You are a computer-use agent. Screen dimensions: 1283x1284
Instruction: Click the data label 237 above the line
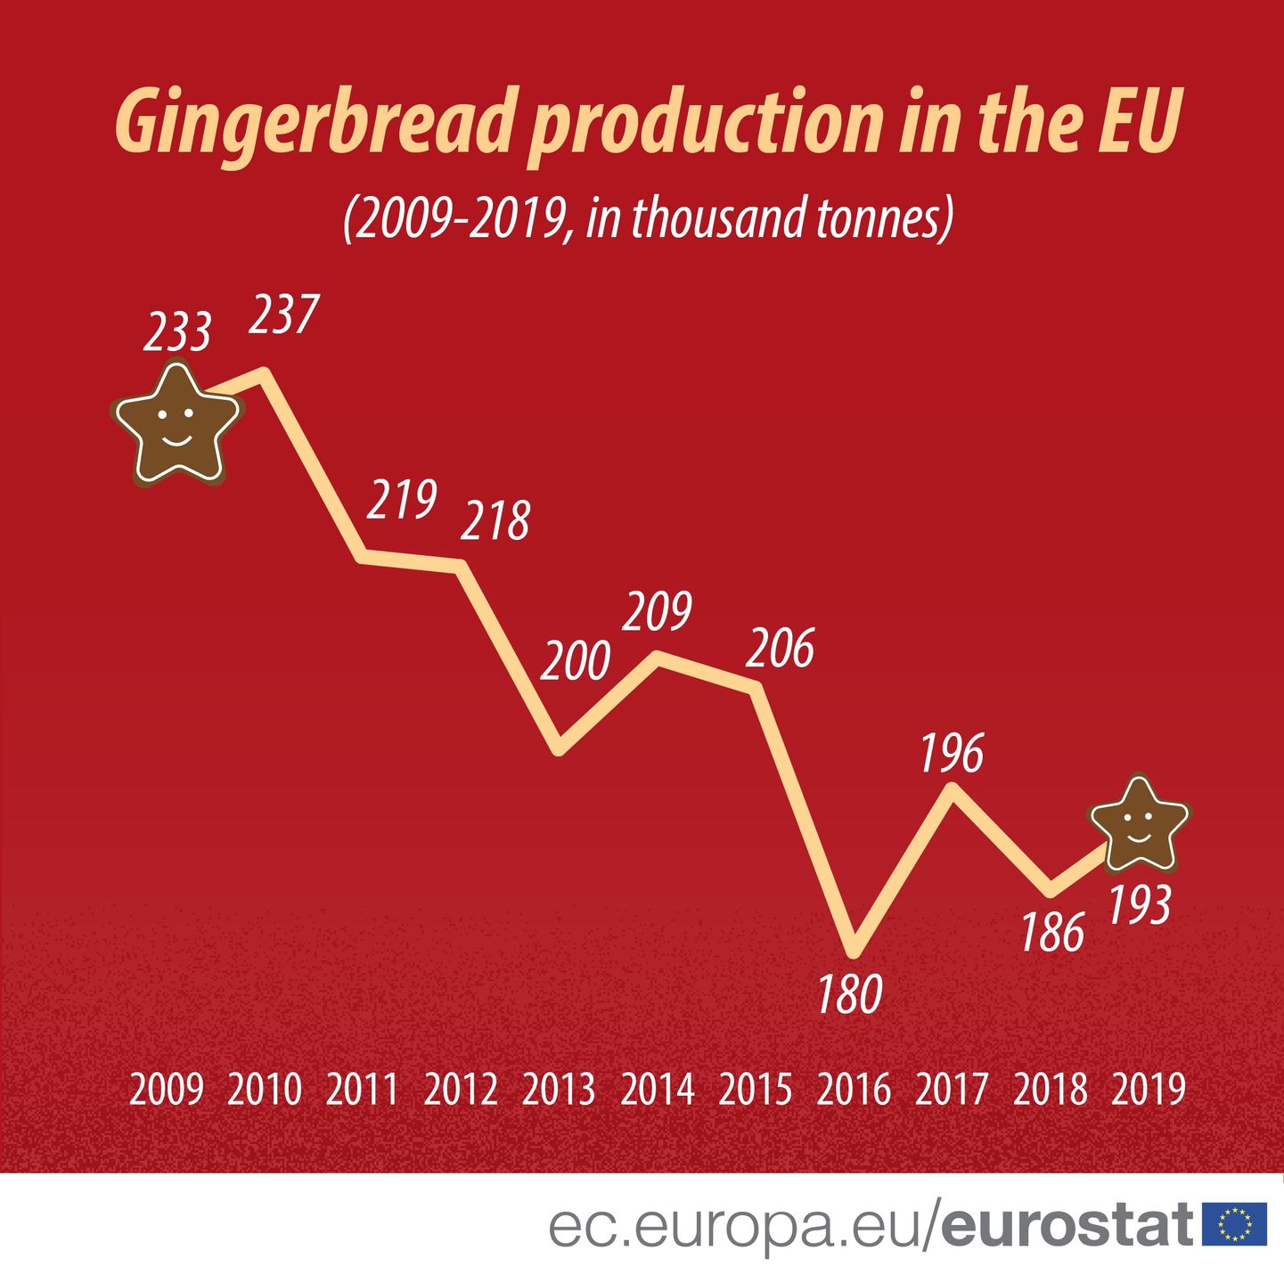(x=283, y=315)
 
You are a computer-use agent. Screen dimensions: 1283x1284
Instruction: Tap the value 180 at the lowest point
(x=850, y=994)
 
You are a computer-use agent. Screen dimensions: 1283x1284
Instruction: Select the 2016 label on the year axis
(x=854, y=1090)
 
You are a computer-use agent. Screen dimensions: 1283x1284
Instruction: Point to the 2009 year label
(x=167, y=1090)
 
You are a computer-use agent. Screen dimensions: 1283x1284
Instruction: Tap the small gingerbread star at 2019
(x=1140, y=824)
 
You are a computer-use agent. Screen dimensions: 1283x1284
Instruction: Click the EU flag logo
(x=1234, y=1224)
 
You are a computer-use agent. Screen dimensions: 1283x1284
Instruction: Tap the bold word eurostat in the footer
(x=1067, y=1226)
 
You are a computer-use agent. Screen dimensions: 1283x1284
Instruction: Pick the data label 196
(x=951, y=754)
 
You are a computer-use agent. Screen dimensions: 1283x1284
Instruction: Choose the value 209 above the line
(x=658, y=611)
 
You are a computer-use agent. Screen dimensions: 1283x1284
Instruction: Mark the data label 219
(x=402, y=499)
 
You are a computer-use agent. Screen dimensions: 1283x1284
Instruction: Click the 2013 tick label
(x=559, y=1090)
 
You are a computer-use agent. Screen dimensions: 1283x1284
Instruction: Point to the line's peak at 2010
(x=264, y=372)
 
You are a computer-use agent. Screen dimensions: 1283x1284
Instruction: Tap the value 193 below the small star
(x=1139, y=906)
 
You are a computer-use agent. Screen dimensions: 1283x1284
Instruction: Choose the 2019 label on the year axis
(x=1149, y=1090)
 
